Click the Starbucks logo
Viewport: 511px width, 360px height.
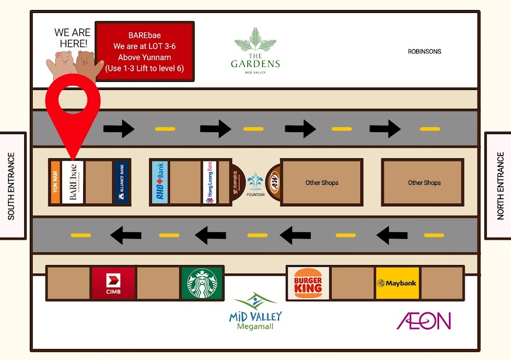202,284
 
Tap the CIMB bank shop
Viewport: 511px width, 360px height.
113,284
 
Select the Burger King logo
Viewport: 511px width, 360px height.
308,283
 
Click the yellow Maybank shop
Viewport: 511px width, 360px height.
398,284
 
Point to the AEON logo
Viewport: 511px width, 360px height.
424,321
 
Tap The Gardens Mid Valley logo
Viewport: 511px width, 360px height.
255,51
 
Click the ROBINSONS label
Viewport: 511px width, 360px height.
424,52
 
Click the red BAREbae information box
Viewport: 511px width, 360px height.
145,51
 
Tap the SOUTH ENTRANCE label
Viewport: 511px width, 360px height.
11,186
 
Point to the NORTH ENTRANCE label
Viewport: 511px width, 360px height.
500,186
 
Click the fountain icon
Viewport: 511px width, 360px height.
255,181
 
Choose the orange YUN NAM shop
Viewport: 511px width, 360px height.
55,182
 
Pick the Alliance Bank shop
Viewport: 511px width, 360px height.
122,182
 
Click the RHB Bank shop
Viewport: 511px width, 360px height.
159,182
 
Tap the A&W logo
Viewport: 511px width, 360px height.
273,182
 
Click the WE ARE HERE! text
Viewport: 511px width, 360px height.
72,38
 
